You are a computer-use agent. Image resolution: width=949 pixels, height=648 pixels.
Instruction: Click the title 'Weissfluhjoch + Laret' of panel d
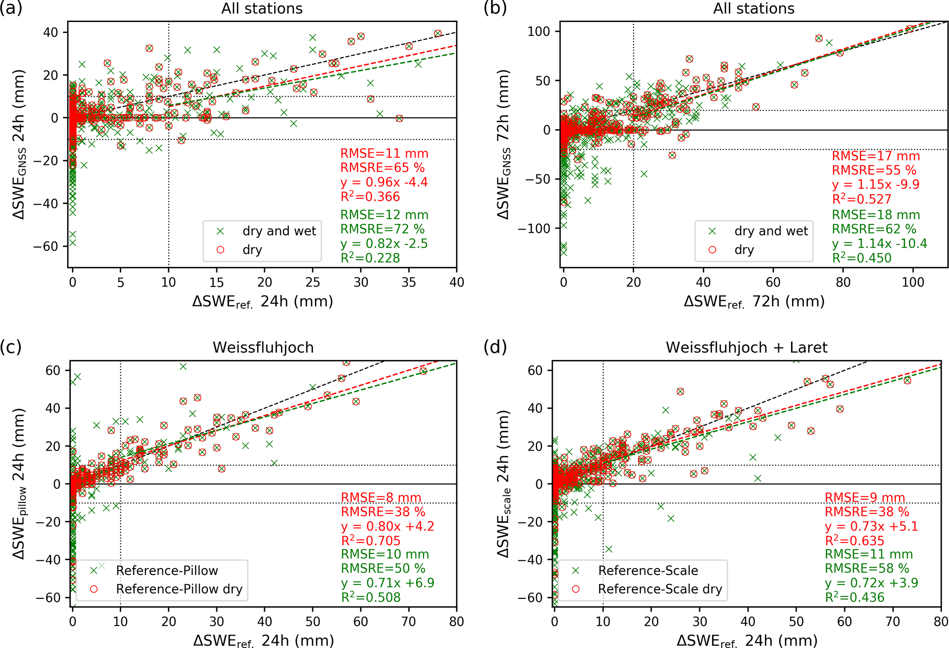pos(747,348)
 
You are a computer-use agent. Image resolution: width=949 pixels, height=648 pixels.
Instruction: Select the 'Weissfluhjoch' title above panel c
pos(263,348)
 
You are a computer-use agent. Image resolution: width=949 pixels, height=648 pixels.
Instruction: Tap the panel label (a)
pos(11,8)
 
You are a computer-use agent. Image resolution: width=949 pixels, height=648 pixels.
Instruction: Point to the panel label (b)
pos(495,8)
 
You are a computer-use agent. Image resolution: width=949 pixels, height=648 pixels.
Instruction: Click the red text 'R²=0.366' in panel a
pos(370,197)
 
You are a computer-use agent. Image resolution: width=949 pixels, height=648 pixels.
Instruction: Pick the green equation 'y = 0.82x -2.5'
pos(384,243)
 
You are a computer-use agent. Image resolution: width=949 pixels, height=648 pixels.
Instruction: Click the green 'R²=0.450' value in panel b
pos(862,258)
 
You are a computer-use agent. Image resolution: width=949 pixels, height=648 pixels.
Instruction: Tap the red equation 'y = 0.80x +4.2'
pos(387,526)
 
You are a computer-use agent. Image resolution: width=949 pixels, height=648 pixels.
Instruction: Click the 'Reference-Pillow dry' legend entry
pos(179,589)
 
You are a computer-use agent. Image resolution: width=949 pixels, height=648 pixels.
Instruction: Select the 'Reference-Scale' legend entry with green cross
pos(648,571)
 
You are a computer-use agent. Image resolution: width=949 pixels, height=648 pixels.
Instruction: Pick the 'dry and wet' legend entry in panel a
pos(279,231)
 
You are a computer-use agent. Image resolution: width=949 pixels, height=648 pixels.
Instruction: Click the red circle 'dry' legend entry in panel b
pos(744,250)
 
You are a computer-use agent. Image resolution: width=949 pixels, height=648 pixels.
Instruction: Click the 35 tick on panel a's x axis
pos(409,282)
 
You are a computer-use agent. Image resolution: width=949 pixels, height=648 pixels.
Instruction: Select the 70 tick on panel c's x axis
pos(409,622)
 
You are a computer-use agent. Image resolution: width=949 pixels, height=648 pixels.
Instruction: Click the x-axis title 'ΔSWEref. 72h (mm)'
pos(754,302)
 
